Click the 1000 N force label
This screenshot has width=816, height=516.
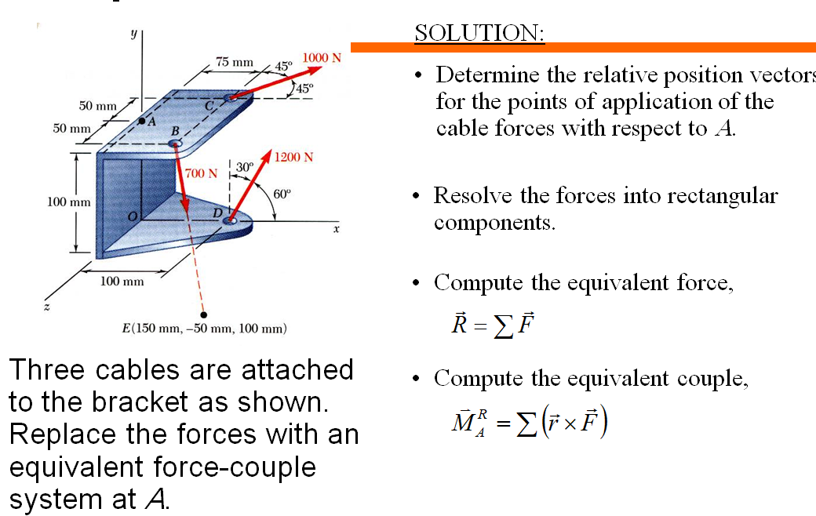click(x=322, y=58)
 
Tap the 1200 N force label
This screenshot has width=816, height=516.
click(x=294, y=157)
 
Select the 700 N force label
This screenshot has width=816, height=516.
click(x=201, y=173)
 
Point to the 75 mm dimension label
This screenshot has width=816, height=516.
click(x=235, y=61)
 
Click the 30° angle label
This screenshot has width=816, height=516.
click(x=244, y=166)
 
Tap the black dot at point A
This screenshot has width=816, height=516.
click(x=142, y=121)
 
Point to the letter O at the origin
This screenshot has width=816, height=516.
click(x=133, y=215)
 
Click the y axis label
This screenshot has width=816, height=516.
click(x=133, y=35)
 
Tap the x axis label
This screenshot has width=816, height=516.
click(x=336, y=231)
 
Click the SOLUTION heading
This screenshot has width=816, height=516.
click(x=479, y=33)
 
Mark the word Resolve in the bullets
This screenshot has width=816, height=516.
click(x=472, y=195)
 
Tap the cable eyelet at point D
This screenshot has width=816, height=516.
click(x=231, y=222)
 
